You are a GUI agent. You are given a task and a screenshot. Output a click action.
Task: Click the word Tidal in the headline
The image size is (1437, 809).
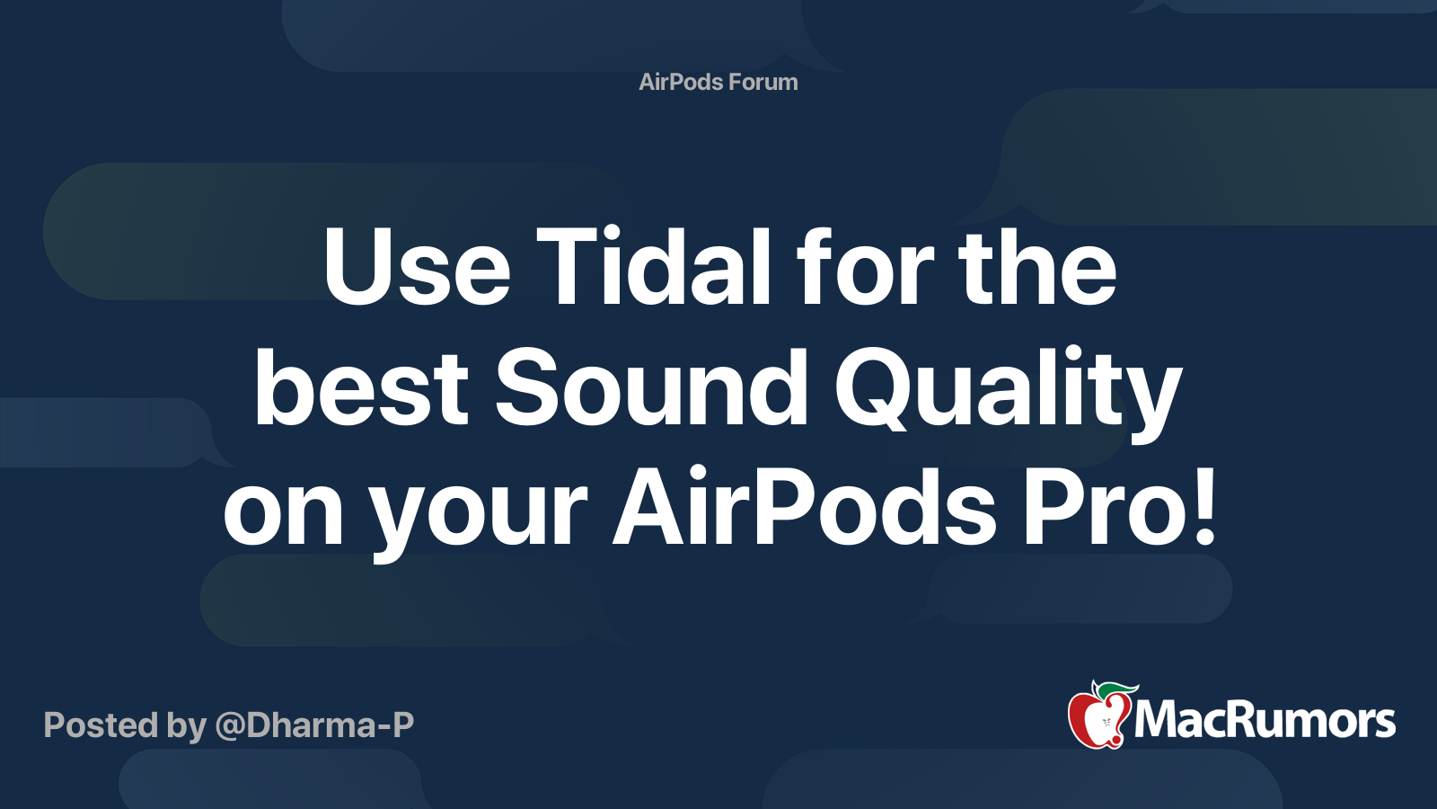coord(653,265)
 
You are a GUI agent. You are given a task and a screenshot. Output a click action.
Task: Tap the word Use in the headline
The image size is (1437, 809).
coord(417,266)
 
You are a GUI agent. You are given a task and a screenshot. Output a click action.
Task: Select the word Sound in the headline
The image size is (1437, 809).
coord(650,387)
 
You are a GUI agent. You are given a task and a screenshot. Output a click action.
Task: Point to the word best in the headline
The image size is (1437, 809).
coord(361,387)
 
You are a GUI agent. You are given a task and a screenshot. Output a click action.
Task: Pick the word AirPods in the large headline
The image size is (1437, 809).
coord(805,507)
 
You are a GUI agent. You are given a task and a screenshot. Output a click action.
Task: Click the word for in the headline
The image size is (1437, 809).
coord(865,265)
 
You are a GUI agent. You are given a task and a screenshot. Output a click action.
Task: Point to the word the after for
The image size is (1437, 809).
coord(1037,265)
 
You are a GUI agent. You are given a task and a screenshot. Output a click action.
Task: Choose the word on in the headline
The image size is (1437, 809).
coord(283,518)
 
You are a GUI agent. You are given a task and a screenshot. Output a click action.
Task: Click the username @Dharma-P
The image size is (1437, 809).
coord(314,725)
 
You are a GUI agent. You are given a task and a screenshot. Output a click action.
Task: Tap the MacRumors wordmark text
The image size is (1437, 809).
coord(1265,721)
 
